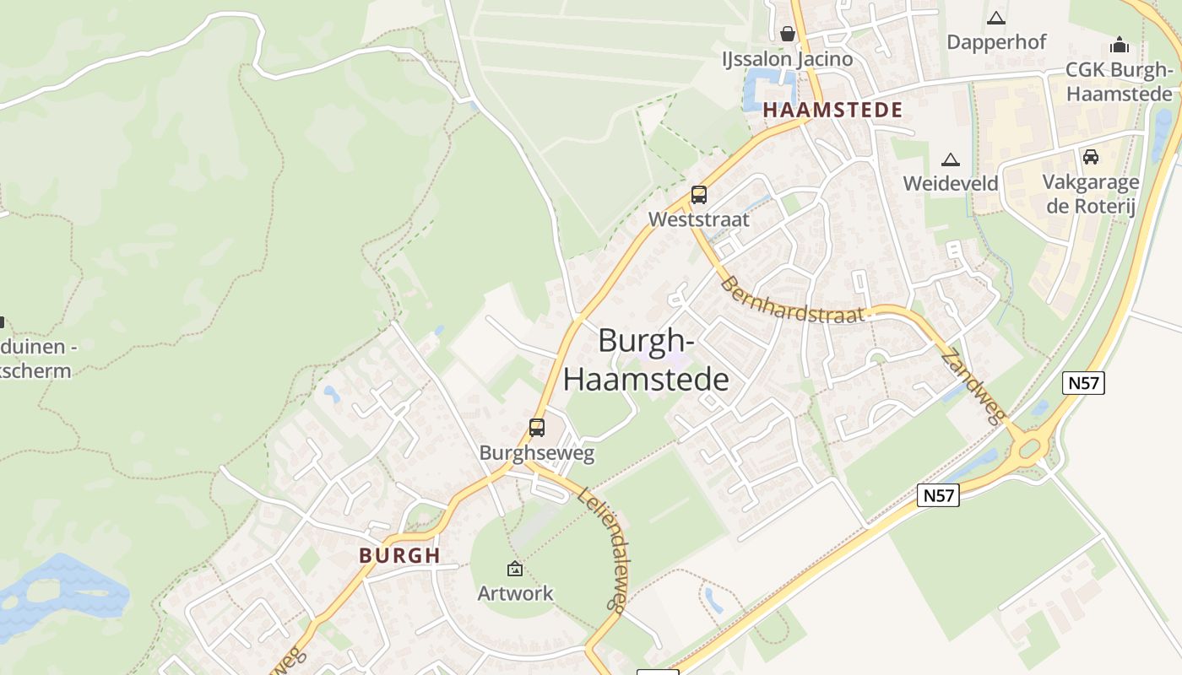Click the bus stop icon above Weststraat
699,195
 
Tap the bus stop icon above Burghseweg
537,428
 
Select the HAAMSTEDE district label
832,110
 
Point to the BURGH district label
399,555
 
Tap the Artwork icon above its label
515,570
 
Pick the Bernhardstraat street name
793,300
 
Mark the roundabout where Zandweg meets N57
1028,447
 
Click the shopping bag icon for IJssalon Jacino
788,34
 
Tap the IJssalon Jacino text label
787,59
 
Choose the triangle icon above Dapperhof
996,18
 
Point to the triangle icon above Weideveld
951,159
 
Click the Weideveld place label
951,183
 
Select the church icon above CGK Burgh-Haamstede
1120,45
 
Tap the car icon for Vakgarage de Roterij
1091,156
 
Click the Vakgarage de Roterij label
1091,194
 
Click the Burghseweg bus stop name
537,453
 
